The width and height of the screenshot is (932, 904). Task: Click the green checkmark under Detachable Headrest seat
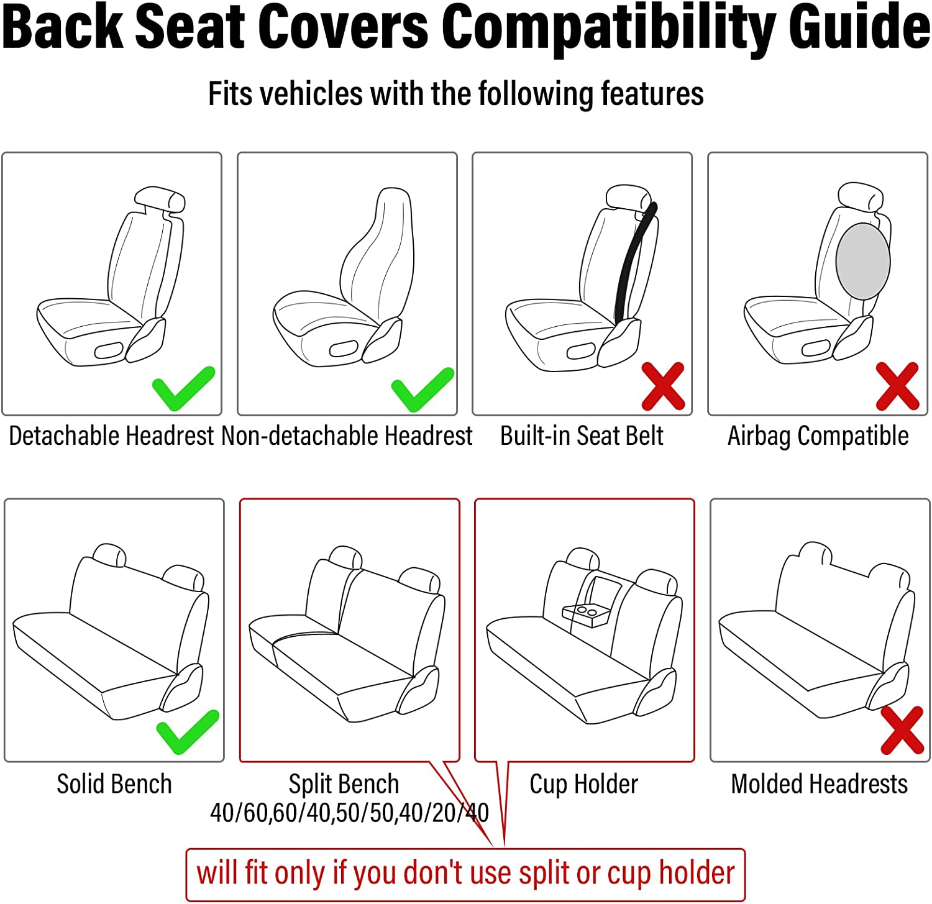click(183, 390)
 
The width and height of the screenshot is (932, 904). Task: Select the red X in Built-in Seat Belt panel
click(663, 386)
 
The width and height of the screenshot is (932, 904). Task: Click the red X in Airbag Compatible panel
click(897, 386)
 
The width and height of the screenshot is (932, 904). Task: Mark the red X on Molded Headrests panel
click(902, 730)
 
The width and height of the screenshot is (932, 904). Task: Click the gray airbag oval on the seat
click(862, 262)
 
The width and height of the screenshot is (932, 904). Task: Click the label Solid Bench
click(114, 784)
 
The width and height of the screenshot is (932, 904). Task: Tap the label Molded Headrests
click(819, 784)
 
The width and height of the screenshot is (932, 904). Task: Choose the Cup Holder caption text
click(583, 784)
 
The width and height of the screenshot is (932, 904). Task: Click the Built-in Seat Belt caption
click(582, 436)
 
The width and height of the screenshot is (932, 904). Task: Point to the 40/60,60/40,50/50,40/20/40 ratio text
click(349, 813)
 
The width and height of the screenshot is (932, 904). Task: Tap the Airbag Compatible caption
click(818, 436)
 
